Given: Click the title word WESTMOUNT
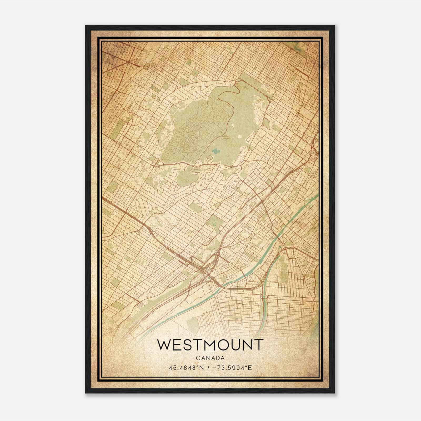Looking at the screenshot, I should [210, 345].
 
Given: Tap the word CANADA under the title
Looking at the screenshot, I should [210, 358].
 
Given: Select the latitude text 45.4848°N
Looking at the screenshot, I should [187, 368].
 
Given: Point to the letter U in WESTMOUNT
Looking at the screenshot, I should [234, 345].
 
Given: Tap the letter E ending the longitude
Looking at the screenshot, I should [250, 368].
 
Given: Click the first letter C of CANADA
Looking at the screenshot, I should [198, 358].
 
